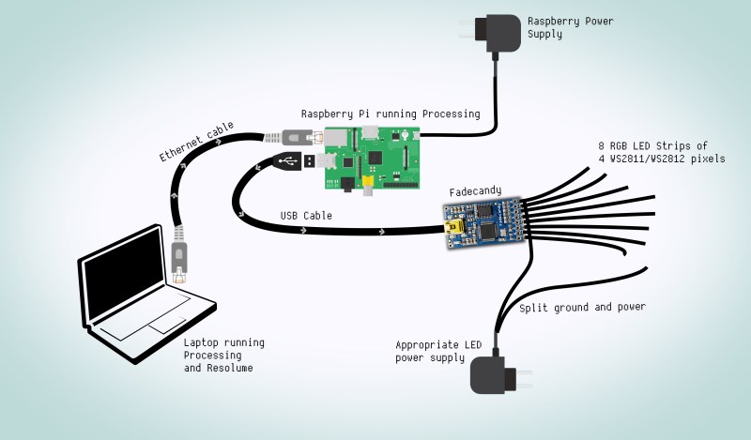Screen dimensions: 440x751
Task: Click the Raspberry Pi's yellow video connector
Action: (x=369, y=175)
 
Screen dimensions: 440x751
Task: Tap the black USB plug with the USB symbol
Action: (x=288, y=161)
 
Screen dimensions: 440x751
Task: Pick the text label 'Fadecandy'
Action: (x=474, y=191)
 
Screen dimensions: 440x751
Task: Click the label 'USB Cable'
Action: (x=306, y=216)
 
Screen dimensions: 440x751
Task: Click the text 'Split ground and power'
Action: (x=582, y=308)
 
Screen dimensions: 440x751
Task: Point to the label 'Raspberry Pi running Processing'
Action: (x=391, y=114)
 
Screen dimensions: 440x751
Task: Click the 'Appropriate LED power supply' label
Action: (x=438, y=352)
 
